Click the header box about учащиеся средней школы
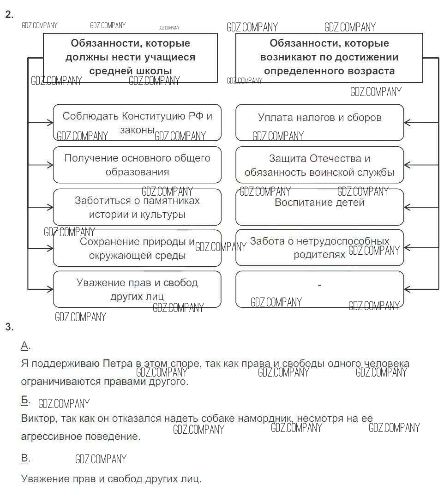point(130,57)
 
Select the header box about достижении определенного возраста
point(329,57)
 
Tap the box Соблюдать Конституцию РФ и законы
point(137,122)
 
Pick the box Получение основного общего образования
point(137,165)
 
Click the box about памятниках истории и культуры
point(137,207)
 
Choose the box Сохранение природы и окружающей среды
point(137,248)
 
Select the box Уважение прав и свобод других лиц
point(137,289)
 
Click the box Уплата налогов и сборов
point(319,122)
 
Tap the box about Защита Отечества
point(319,165)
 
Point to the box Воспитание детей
point(319,207)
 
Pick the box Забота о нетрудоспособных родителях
point(319,248)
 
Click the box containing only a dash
point(319,289)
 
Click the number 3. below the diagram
point(9,327)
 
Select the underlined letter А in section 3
point(25,346)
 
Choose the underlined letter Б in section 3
point(25,400)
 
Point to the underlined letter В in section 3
point(25,458)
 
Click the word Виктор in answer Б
point(36,419)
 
